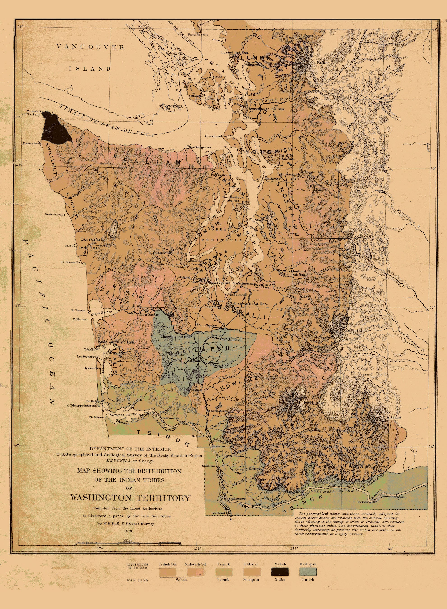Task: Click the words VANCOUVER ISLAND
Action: click(90, 58)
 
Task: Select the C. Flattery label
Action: click(31, 114)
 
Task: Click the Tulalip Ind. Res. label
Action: click(287, 157)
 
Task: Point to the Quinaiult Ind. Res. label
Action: click(88, 243)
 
